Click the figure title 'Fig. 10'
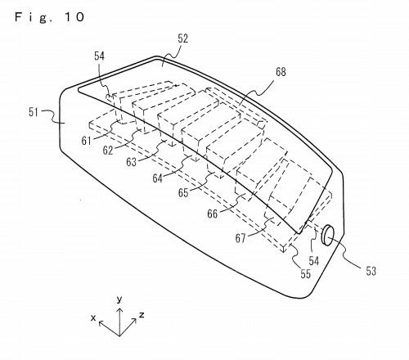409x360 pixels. click(x=49, y=17)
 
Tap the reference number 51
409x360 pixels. click(x=34, y=112)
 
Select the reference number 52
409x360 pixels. click(x=183, y=38)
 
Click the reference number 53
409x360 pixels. click(x=371, y=271)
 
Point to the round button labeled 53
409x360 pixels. click(x=328, y=235)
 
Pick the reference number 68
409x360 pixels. click(x=281, y=72)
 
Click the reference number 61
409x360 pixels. click(x=86, y=141)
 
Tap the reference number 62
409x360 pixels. click(x=108, y=151)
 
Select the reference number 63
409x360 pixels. click(x=131, y=162)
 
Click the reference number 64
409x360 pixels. click(x=158, y=178)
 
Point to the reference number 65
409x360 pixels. click(x=183, y=192)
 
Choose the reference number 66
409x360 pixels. click(x=213, y=214)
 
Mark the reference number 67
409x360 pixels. click(x=240, y=238)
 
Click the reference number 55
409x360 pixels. click(x=306, y=274)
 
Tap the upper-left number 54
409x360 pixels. click(x=100, y=56)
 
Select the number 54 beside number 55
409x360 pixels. click(x=314, y=261)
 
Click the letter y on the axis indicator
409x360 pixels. click(x=119, y=299)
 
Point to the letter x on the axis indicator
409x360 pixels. click(x=93, y=317)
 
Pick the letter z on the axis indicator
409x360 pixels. click(x=142, y=315)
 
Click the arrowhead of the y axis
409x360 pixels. click(x=119, y=309)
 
